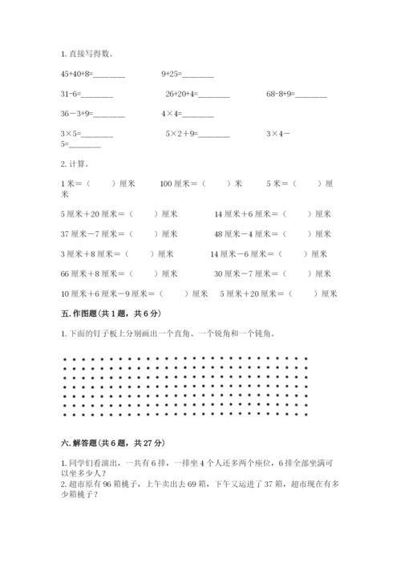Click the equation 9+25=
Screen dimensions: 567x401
point(187,74)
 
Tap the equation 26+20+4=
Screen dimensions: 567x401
point(197,95)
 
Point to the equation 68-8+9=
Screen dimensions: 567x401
point(297,95)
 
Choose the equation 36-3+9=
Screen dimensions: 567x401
point(92,114)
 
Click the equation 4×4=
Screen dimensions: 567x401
point(187,114)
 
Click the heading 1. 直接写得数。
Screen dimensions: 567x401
point(87,54)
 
